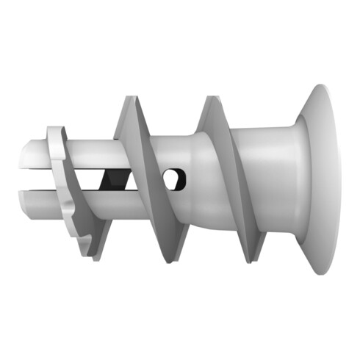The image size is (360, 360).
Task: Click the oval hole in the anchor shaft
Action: (x=174, y=179)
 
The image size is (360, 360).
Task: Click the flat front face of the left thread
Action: (x=147, y=176)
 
